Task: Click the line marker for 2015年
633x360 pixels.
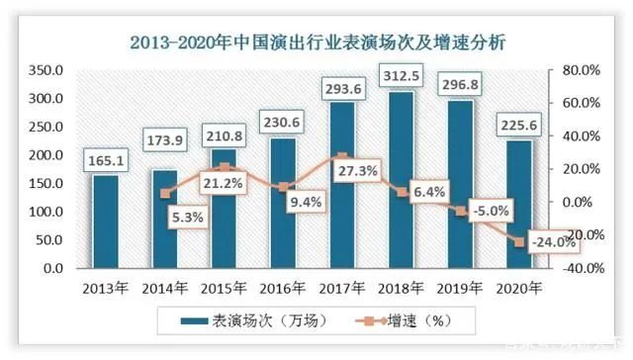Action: coord(224,167)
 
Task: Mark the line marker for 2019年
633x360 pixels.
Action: coord(461,210)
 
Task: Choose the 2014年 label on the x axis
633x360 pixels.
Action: coord(164,288)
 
